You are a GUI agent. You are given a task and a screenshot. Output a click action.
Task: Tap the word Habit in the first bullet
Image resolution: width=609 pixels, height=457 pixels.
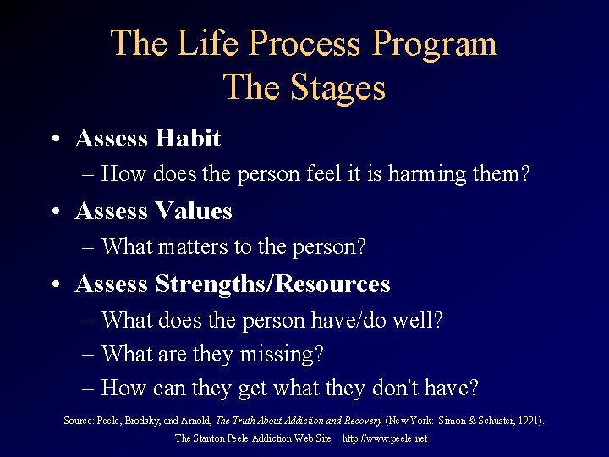click(188, 138)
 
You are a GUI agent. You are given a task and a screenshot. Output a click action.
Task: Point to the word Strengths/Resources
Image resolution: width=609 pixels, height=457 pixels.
click(272, 284)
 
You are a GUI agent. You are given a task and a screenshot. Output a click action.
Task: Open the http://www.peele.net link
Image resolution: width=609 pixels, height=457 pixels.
click(385, 438)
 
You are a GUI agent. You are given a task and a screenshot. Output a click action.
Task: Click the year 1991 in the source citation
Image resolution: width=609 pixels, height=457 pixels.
click(529, 421)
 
